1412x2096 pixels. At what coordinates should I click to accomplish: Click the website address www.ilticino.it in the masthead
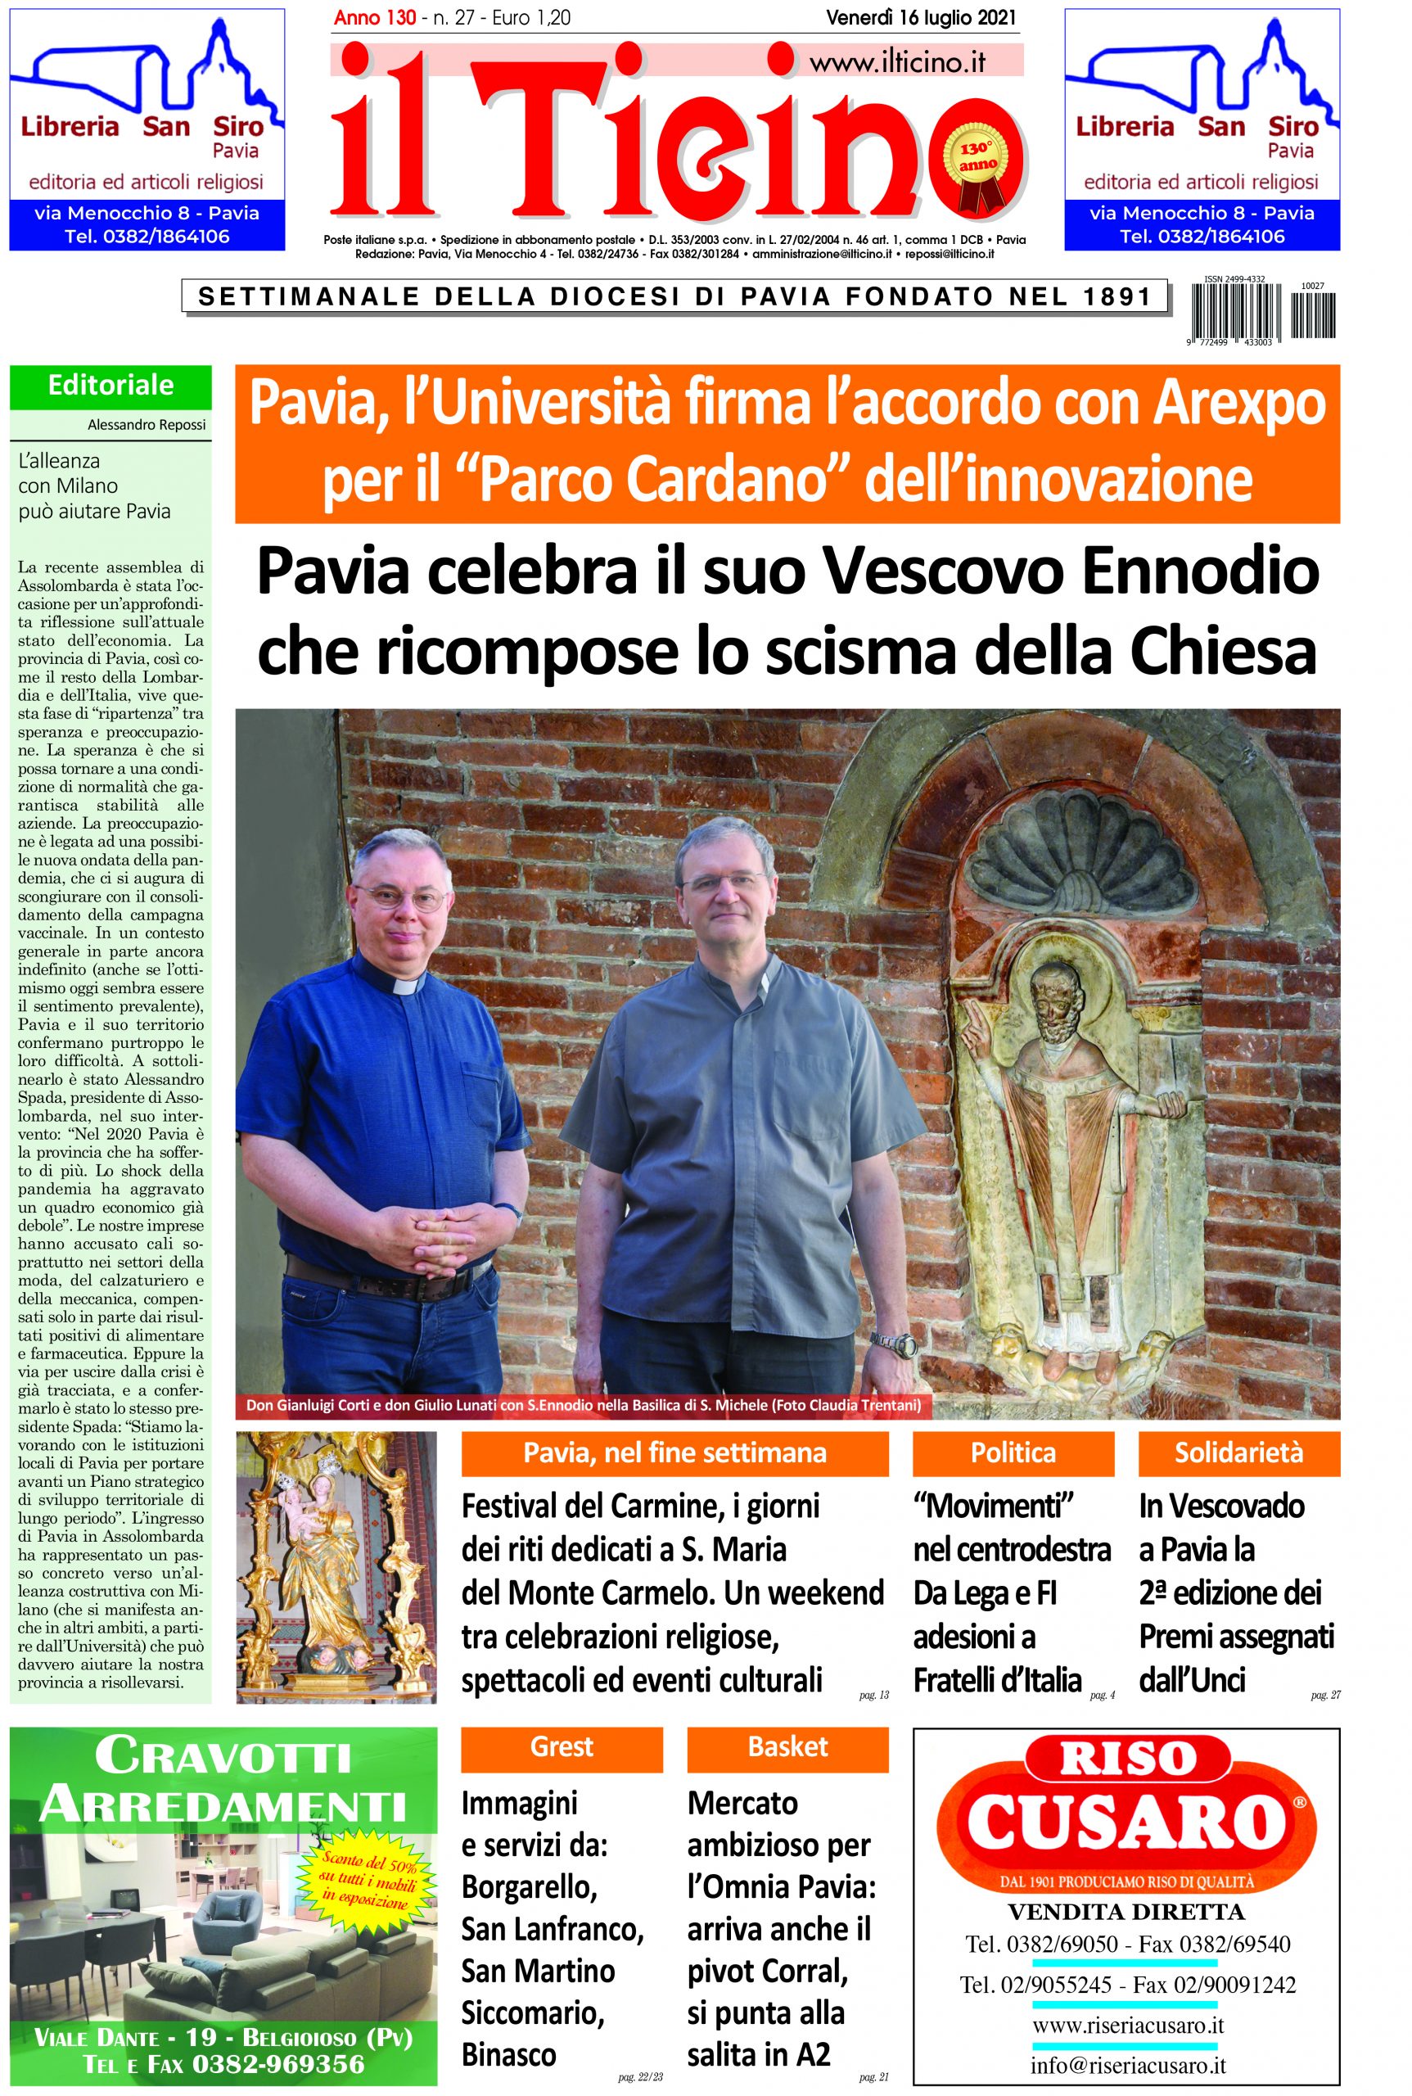pos(896,62)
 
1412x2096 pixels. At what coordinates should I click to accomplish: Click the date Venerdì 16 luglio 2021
pos(920,18)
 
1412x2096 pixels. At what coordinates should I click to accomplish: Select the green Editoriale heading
pos(111,386)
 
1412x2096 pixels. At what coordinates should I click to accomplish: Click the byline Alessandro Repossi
pos(147,424)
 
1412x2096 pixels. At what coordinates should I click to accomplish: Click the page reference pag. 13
pos(873,1695)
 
